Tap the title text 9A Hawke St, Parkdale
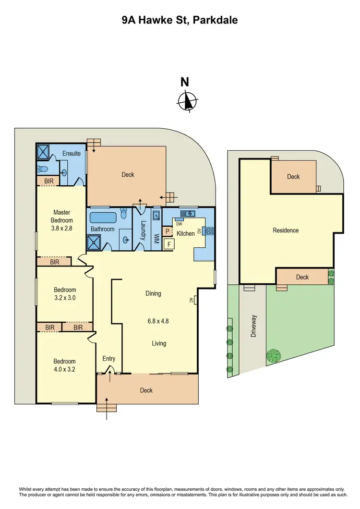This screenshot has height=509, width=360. coord(180,20)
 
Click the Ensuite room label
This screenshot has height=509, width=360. coord(72,153)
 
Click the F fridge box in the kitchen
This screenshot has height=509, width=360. coord(168,244)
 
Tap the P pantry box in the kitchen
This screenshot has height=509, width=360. coord(168,231)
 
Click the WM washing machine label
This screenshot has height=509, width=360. coord(156,238)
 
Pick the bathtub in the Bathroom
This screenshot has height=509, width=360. coord(103,217)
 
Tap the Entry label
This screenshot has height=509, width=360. coord(109,359)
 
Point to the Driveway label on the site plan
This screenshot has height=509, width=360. coord(254,326)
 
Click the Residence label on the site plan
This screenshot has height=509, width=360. coord(286,230)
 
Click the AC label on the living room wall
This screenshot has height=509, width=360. coord(191,301)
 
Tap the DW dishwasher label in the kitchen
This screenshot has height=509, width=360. coord(180,224)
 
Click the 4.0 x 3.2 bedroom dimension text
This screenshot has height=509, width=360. coord(64,370)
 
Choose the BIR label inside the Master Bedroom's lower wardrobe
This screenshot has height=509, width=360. coord(55,262)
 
